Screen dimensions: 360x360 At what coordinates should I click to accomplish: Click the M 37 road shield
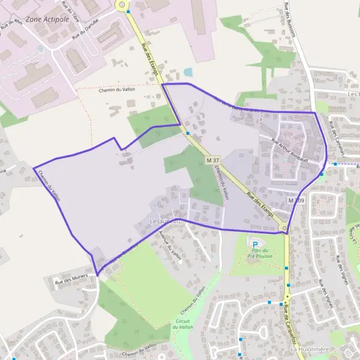(x=212, y=160)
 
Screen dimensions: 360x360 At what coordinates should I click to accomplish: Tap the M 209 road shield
(x=296, y=200)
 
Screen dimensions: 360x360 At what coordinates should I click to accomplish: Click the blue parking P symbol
(x=255, y=244)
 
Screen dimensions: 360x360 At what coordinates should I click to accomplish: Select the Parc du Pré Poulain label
(x=259, y=253)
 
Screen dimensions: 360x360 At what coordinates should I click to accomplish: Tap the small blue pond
(x=188, y=72)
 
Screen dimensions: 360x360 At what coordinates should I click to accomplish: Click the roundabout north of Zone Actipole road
(x=123, y=5)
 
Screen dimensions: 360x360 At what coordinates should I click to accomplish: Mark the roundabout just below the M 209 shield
(x=284, y=227)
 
